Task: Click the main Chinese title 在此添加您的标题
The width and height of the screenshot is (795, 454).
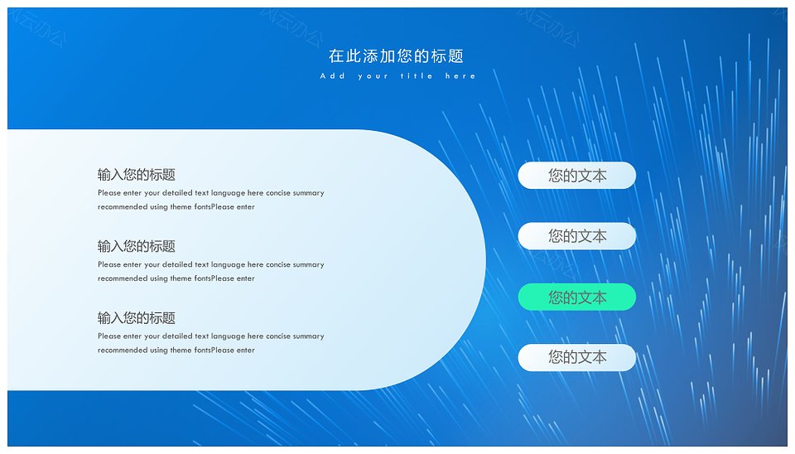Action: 396,56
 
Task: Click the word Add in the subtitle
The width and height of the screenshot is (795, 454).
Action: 333,76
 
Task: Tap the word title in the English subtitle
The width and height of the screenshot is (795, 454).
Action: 417,76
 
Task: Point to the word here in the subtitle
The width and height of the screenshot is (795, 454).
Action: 460,76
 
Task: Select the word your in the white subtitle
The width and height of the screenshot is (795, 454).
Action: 373,76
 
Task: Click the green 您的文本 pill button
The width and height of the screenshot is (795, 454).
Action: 577,297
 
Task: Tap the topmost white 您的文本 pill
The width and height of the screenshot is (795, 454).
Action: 577,176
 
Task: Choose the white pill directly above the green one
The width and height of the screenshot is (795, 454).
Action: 577,236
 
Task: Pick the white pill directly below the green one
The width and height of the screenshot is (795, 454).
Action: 577,357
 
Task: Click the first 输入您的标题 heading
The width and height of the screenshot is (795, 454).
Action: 137,175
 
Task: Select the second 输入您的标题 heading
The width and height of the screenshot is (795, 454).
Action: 137,246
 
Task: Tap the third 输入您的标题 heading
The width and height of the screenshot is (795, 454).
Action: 137,318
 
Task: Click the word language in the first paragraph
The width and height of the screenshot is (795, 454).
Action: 229,193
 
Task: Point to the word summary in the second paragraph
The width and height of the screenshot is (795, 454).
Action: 308,264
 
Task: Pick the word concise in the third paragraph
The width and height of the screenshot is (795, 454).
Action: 278,336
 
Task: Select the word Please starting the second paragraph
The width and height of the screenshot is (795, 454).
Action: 109,264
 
